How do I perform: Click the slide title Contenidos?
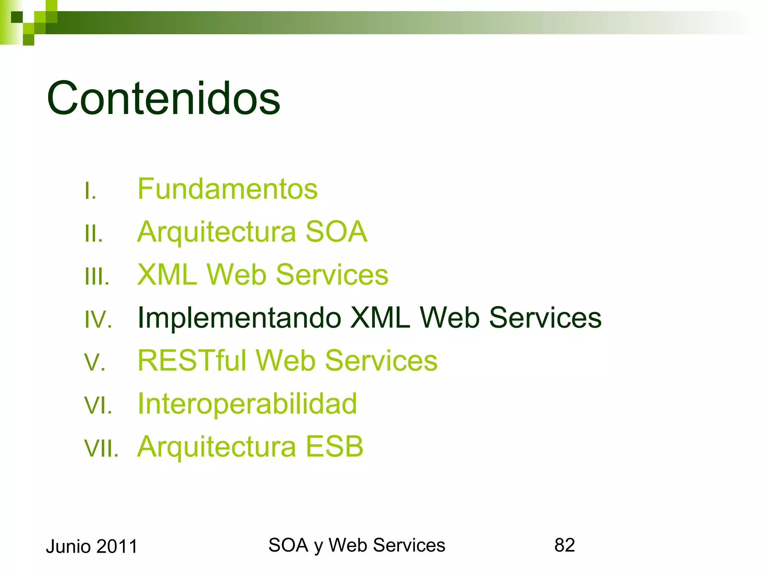point(163,98)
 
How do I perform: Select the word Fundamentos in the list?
point(227,189)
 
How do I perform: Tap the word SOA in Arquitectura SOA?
point(336,232)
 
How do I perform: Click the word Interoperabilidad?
point(247,404)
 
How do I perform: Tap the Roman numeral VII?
point(101,448)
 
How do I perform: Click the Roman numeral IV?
point(98,320)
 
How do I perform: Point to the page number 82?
point(564,545)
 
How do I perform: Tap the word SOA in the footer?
point(288,545)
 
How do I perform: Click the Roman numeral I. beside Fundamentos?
point(90,191)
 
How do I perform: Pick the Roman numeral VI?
point(98,406)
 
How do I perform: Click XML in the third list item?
point(167,275)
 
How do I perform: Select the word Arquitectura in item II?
point(216,232)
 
